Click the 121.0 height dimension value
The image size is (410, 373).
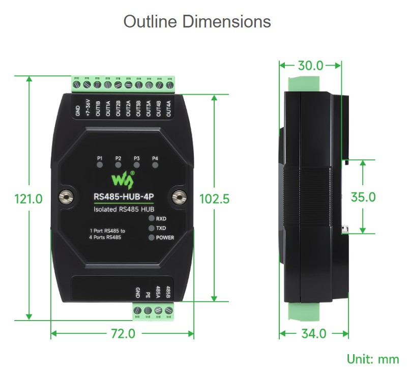click(28, 199)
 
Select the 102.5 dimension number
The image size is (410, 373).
click(215, 199)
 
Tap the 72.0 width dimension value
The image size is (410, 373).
click(123, 333)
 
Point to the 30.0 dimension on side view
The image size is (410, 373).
click(311, 66)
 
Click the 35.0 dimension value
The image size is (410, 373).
click(363, 197)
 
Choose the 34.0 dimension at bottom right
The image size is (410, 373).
click(314, 333)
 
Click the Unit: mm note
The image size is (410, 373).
click(373, 359)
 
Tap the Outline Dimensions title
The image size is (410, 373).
click(197, 21)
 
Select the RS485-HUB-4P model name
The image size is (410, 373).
click(124, 196)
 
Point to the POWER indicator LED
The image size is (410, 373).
click(152, 238)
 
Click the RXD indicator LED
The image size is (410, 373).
click(152, 218)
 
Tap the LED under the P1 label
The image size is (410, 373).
click(100, 165)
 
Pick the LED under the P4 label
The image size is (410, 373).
click(155, 165)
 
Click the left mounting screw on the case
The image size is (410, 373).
click(66, 197)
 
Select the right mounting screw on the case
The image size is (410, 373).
click(179, 197)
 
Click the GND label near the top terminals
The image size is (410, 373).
click(78, 110)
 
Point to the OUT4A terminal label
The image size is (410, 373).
click(168, 108)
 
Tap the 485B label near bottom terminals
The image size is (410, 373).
click(168, 292)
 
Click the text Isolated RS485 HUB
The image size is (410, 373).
click(124, 209)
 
